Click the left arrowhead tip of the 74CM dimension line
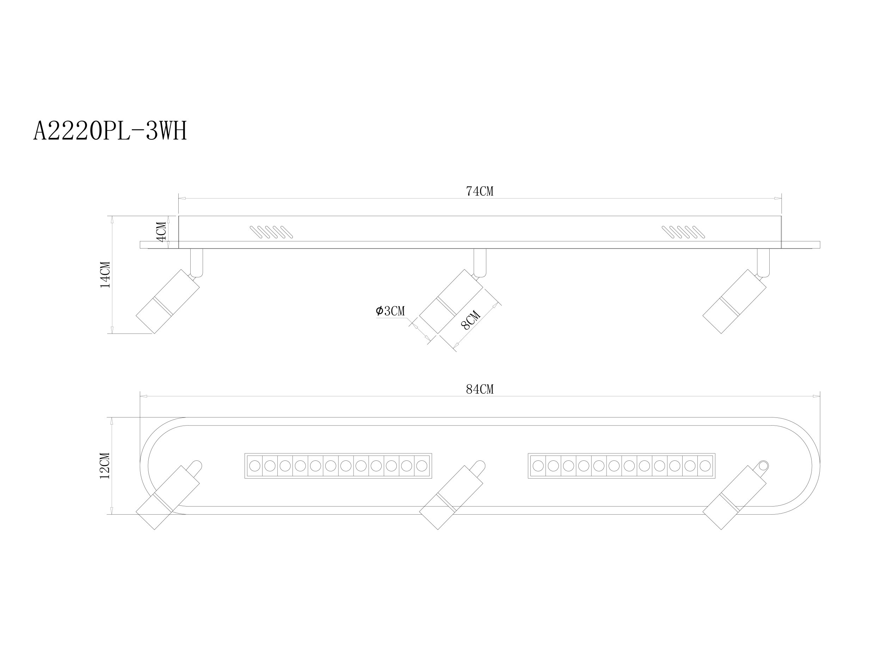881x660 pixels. coord(179,198)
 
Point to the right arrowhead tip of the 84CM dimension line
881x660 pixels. coord(820,396)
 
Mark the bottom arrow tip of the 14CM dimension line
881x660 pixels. coord(112,333)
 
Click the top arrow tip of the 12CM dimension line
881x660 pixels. coord(112,417)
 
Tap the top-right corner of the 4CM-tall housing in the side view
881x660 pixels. coord(781,216)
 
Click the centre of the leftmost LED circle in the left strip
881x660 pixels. coord(254,465)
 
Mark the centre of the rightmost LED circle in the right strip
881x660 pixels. coord(704,465)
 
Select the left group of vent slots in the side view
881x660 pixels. coord(271,232)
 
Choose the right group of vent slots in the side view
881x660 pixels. coord(683,232)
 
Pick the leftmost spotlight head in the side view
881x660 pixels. coord(168,301)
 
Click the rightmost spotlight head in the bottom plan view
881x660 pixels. coord(734,497)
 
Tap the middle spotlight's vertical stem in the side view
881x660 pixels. coord(480,262)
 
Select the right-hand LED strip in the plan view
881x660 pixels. coord(621,465)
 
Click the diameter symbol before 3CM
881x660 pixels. coord(379,311)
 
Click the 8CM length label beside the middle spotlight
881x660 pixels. coord(471,321)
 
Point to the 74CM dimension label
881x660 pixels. coord(480,191)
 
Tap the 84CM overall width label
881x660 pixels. coord(480,389)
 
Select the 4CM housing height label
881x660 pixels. coord(161,232)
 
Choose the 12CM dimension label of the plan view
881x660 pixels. coord(105,466)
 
